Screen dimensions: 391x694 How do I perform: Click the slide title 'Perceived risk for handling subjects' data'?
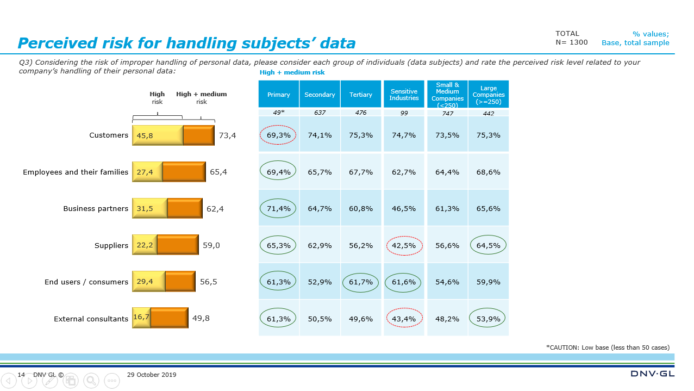[186, 44]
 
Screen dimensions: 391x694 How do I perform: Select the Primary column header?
[278, 95]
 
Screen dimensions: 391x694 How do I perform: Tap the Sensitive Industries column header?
[404, 95]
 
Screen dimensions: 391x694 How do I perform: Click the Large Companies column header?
[488, 95]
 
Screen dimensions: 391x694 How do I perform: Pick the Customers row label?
[109, 135]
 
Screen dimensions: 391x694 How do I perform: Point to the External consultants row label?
[91, 319]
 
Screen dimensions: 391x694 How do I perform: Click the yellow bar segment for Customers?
[158, 135]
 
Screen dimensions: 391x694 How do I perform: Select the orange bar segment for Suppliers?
[178, 245]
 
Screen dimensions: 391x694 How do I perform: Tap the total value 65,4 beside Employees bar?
[218, 172]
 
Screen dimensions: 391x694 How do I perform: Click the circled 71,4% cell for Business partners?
[278, 209]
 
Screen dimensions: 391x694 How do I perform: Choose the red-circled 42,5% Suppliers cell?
[404, 246]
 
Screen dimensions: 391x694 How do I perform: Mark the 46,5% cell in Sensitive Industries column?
[404, 209]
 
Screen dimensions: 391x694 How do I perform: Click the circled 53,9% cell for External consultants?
[488, 319]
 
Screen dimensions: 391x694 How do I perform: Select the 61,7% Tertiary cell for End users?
[361, 282]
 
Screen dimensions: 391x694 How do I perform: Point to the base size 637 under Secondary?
[320, 113]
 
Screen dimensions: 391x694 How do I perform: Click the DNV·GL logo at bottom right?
[652, 374]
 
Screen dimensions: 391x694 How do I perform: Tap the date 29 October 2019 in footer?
[152, 375]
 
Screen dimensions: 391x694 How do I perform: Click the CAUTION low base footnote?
[608, 347]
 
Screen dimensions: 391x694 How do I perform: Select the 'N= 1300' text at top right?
[571, 42]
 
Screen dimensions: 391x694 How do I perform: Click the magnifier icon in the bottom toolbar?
[91, 381]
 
